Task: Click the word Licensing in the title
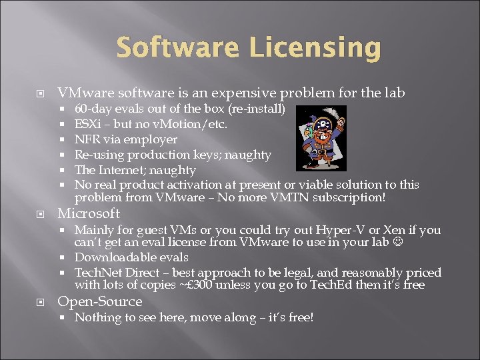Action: [x=315, y=48]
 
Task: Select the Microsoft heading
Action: [x=89, y=214]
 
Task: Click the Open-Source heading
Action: [x=100, y=301]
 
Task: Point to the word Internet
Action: [x=123, y=170]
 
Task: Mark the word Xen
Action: [x=392, y=230]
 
